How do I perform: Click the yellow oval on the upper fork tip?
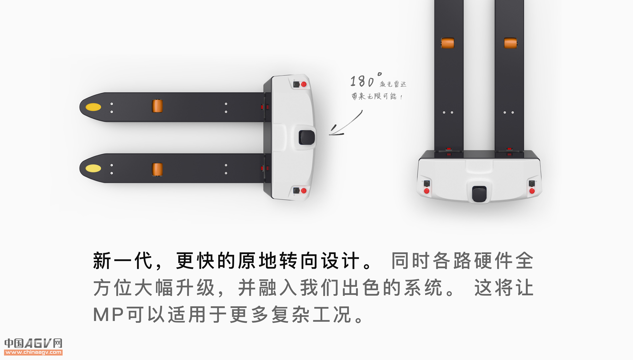pos(93,107)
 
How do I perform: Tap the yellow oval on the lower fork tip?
pos(93,168)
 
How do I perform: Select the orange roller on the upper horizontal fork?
pos(157,106)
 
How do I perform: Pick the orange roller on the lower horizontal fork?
pos(157,169)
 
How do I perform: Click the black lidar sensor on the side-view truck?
pos(307,137)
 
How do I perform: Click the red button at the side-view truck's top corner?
pos(304,85)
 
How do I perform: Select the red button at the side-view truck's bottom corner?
pos(304,191)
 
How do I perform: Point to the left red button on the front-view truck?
pos(427,191)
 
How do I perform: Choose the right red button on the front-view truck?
pos(532,191)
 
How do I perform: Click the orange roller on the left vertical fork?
pos(447,43)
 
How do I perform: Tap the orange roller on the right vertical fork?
pos(510,43)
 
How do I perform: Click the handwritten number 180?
pos(362,81)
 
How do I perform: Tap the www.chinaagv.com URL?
pos(33,352)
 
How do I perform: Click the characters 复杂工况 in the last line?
pos(311,315)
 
